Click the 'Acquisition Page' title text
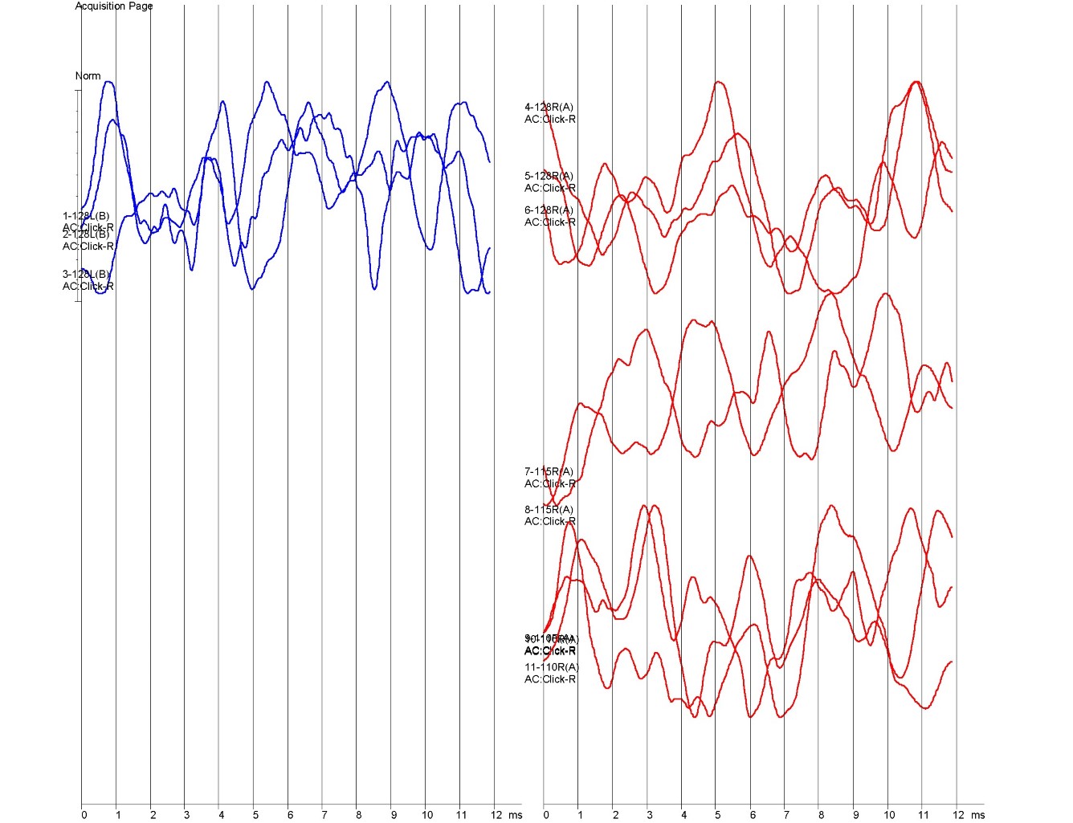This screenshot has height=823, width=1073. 113,6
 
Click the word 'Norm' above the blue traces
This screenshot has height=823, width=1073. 88,76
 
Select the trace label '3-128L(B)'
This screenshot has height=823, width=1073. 86,275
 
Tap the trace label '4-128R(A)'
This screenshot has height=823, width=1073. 549,108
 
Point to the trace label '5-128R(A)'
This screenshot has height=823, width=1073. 549,177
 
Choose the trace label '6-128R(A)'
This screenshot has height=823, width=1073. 549,210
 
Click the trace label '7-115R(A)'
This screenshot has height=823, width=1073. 549,472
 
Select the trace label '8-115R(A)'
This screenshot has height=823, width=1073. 549,510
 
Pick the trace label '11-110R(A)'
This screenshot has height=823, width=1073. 551,667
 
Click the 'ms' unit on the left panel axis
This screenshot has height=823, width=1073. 516,815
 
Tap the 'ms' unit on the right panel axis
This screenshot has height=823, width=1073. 977,815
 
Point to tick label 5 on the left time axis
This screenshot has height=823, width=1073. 255,815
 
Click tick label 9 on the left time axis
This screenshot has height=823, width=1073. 394,815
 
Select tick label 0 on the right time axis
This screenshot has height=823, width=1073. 546,815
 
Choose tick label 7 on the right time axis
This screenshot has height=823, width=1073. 787,815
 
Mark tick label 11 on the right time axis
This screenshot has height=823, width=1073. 924,815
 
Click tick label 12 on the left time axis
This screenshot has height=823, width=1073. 496,815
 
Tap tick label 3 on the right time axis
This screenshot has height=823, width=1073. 650,815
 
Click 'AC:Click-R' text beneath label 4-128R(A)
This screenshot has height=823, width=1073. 550,120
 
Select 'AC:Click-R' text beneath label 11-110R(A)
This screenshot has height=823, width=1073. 550,679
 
